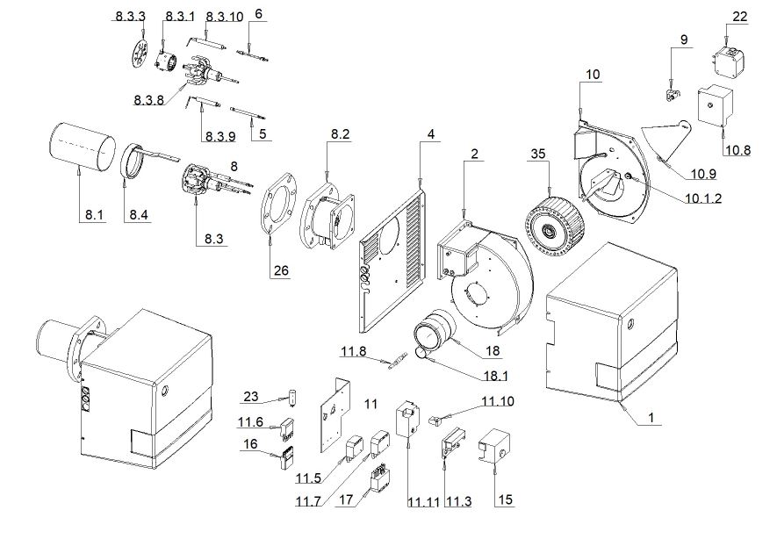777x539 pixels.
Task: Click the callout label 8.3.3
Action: pos(130,17)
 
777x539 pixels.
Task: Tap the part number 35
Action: pos(538,154)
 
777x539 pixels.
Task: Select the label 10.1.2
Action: pos(703,198)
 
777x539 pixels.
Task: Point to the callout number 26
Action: pos(281,270)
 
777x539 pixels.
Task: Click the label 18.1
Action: pos(495,376)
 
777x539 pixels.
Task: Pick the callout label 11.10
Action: pos(498,401)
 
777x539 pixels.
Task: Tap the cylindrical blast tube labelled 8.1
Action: pos(83,147)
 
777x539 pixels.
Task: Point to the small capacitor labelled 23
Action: pos(294,398)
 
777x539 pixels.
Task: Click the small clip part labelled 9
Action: pos(671,94)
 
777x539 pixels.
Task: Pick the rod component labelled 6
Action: pos(253,55)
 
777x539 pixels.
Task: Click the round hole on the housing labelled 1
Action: pos(630,325)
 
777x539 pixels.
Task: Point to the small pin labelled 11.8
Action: pos(395,360)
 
